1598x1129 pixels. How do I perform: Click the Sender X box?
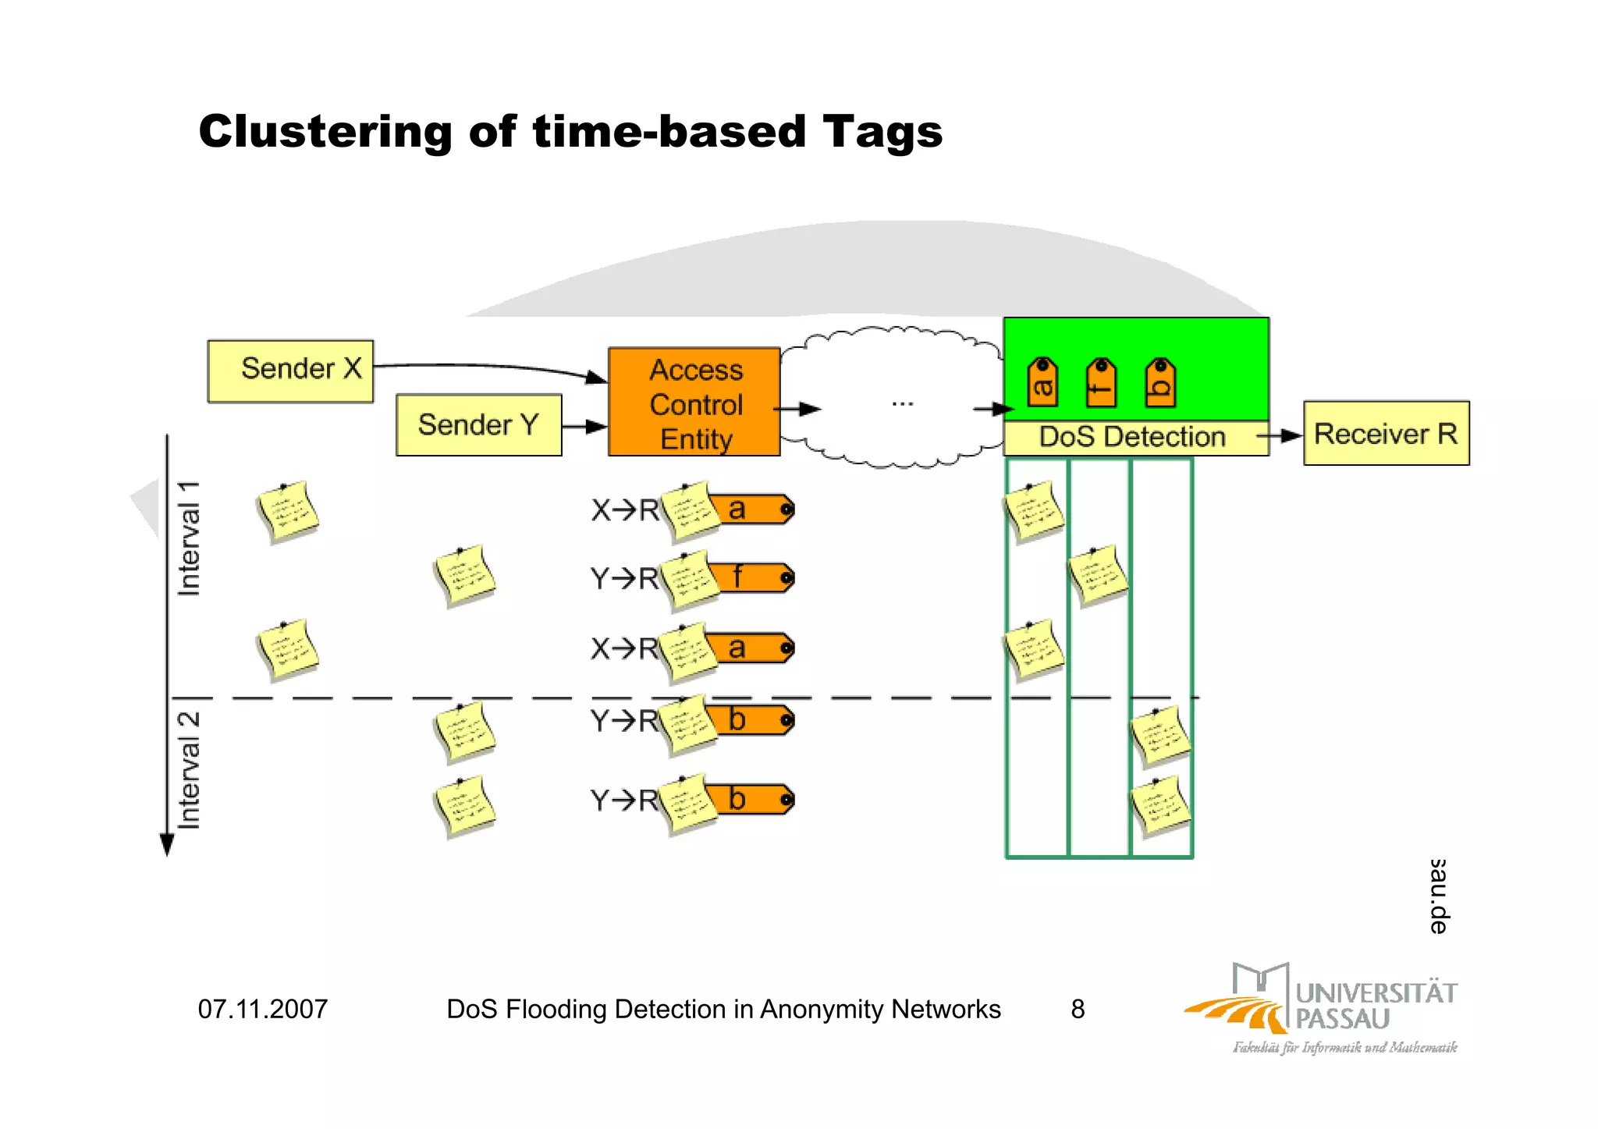pyautogui.click(x=290, y=371)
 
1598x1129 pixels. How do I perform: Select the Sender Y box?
pyautogui.click(x=478, y=425)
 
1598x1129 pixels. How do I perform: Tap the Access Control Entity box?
pyautogui.click(x=694, y=403)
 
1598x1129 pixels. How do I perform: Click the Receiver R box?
pyautogui.click(x=1386, y=434)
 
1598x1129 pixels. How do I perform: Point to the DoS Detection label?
pyautogui.click(x=1131, y=437)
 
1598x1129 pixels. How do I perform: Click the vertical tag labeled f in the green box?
pyautogui.click(x=1101, y=382)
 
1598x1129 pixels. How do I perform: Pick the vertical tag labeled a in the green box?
pyautogui.click(x=1042, y=382)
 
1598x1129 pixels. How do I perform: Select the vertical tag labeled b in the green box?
pyautogui.click(x=1160, y=382)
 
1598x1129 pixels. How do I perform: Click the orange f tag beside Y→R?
pyautogui.click(x=753, y=578)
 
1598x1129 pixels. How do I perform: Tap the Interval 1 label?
pyautogui.click(x=190, y=539)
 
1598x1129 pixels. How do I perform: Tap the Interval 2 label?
pyautogui.click(x=190, y=770)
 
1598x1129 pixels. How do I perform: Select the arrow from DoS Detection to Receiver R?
pyautogui.click(x=1280, y=436)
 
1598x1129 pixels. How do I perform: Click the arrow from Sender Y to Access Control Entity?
pyautogui.click(x=584, y=427)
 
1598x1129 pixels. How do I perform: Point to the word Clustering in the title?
pyautogui.click(x=325, y=131)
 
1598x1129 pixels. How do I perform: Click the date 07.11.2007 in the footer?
pyautogui.click(x=263, y=1010)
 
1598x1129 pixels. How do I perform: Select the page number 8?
pyautogui.click(x=1078, y=1010)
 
